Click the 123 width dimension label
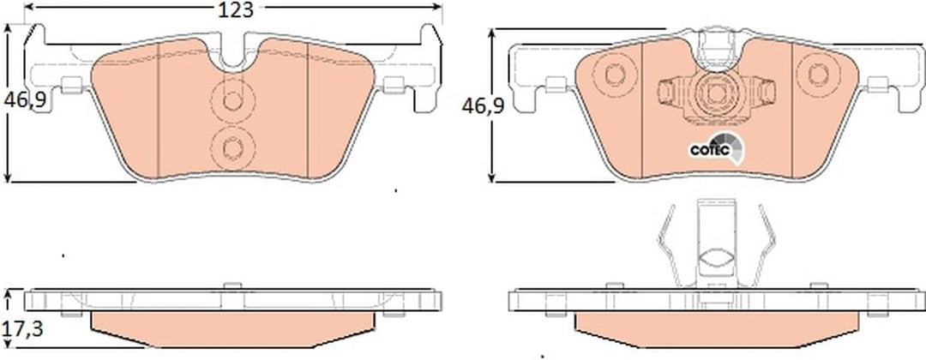click(236, 10)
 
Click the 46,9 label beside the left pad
click(26, 101)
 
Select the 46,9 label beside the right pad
click(483, 107)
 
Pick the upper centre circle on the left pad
click(232, 101)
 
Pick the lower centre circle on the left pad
click(232, 147)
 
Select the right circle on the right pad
click(819, 75)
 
